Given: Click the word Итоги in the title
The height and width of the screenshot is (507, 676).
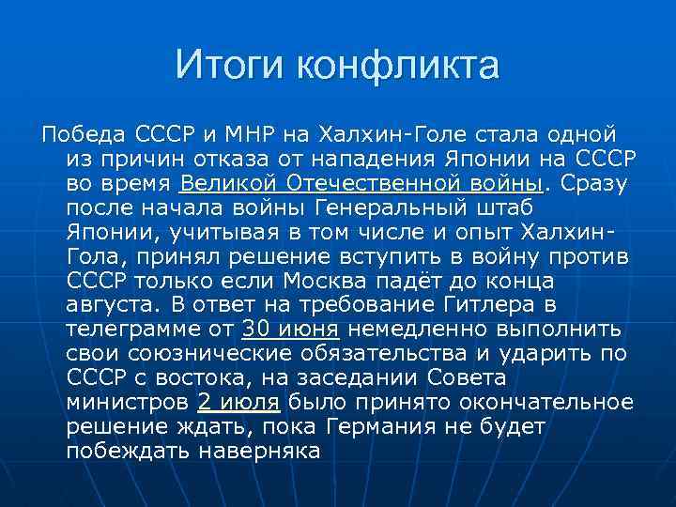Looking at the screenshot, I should point(229,66).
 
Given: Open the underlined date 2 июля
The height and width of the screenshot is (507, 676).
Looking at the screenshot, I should point(238,402).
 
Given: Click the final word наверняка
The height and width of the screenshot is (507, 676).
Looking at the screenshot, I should point(260,451).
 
